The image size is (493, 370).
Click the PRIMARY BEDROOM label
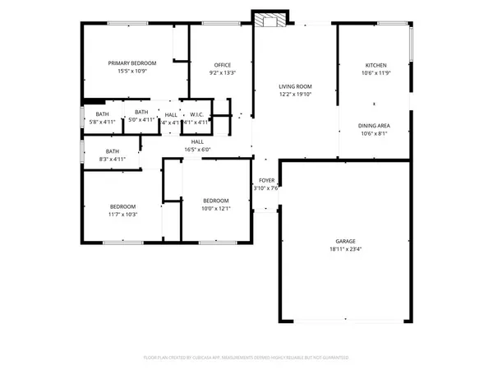point(132,62)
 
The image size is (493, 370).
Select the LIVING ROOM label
point(295,86)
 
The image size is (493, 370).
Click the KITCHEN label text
point(376,65)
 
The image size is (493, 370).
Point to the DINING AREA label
point(374,125)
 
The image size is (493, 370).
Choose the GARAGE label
point(345,241)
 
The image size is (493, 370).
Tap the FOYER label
point(266,179)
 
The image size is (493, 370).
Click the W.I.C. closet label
point(196,114)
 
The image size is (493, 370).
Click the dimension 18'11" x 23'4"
point(345,249)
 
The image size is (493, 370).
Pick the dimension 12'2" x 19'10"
point(295,94)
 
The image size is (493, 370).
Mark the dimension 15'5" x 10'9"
point(132,71)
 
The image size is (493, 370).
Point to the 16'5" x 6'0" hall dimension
point(197,150)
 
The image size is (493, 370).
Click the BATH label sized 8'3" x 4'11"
point(112,150)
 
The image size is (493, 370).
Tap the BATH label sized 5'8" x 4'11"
point(102,113)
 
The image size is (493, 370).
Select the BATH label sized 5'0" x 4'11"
point(141,112)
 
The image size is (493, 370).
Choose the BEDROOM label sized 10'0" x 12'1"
point(215,200)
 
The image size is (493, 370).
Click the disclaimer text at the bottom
point(246,358)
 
